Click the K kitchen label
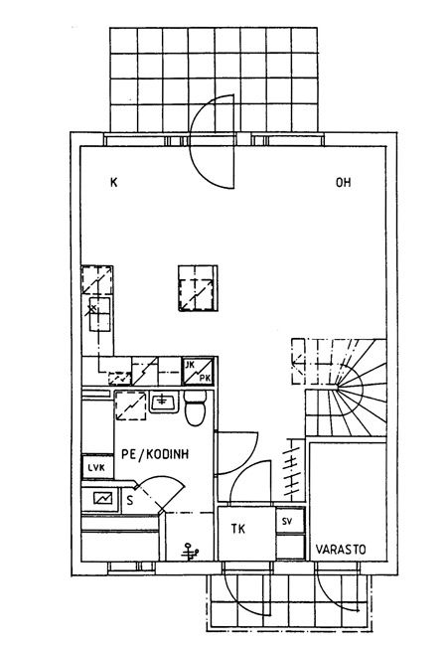pos(114,183)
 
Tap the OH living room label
pos(344,183)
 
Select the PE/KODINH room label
pos(155,454)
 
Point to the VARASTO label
pos(341,550)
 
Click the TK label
pos(238,529)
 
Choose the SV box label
pos(287,521)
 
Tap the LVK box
pos(97,467)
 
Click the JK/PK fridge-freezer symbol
pos(198,372)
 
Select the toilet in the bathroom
pos(195,407)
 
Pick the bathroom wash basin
pos(164,402)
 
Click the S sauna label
pos(130,501)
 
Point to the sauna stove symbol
pos(102,499)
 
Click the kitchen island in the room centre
pos(198,288)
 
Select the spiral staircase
pos(339,388)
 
